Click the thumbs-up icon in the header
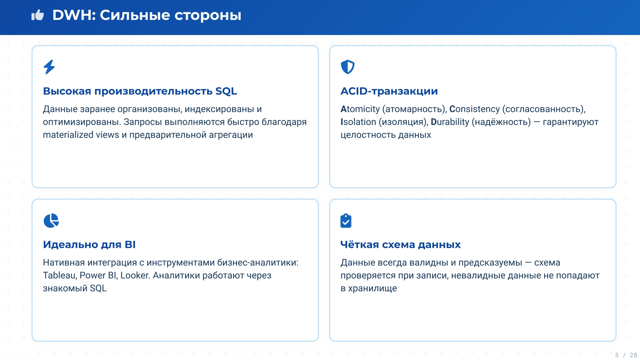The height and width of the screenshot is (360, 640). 38,15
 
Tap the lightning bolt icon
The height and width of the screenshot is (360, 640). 49,67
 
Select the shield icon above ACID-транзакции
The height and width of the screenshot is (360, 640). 347,67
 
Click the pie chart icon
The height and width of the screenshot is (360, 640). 51,221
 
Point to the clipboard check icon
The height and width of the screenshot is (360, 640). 346,221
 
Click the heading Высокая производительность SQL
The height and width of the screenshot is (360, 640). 140,91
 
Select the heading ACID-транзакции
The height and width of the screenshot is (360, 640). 389,91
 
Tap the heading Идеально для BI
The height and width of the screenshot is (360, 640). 89,245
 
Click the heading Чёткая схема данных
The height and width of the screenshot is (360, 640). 400,245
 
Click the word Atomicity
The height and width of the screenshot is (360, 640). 360,109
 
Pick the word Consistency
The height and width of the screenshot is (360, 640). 474,109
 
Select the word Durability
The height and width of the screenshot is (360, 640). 450,122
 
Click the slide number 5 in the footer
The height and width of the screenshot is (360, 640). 617,355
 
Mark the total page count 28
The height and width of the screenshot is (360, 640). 633,355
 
